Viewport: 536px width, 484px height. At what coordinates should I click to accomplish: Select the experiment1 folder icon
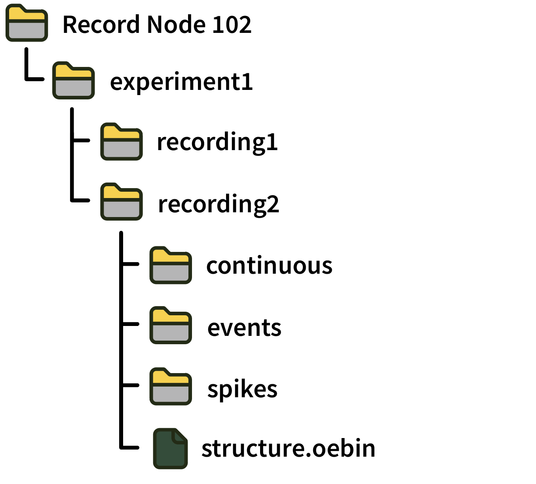74,81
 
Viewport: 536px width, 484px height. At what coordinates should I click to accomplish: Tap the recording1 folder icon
122,142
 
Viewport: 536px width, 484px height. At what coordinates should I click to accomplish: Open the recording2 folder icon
122,202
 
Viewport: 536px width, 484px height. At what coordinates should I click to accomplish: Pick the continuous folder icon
171,265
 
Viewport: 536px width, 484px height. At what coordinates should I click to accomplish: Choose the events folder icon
171,326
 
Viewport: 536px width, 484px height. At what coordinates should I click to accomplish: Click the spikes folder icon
171,387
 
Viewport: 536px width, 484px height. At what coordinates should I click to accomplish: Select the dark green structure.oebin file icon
170,449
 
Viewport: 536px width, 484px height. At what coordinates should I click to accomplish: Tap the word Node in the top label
175,25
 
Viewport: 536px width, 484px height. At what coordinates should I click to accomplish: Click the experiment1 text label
181,82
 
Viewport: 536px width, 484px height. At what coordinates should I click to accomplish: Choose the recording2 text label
218,204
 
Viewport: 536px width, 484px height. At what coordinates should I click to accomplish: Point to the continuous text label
269,266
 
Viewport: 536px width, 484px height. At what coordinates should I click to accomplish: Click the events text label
244,328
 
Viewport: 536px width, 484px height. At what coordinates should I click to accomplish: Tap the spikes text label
242,390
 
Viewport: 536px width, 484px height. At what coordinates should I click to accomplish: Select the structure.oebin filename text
288,448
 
